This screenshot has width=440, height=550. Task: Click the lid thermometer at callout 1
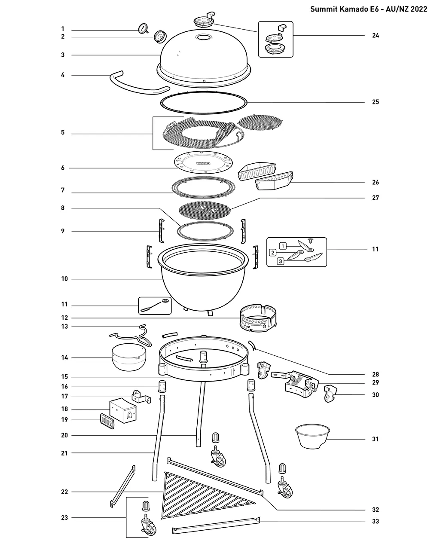pos(143,28)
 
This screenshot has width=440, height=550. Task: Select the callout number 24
pos(375,36)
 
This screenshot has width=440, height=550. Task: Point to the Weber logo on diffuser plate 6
pos(204,163)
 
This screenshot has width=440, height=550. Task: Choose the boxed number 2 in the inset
pos(273,253)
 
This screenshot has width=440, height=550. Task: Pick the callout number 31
pos(375,439)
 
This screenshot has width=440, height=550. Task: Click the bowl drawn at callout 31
pos(312,437)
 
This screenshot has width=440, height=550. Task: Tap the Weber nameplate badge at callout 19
pos(107,421)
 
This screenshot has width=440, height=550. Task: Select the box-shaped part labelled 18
pos(123,410)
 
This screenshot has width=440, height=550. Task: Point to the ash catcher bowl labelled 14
pos(129,357)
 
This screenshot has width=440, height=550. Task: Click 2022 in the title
pos(419,9)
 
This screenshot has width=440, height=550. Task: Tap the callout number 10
pos(64,279)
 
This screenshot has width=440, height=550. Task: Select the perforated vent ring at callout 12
pos(258,318)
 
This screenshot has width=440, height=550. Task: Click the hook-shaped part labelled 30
pos(330,394)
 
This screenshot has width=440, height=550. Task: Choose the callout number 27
pos(375,198)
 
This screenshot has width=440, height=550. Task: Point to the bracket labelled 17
pos(141,397)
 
